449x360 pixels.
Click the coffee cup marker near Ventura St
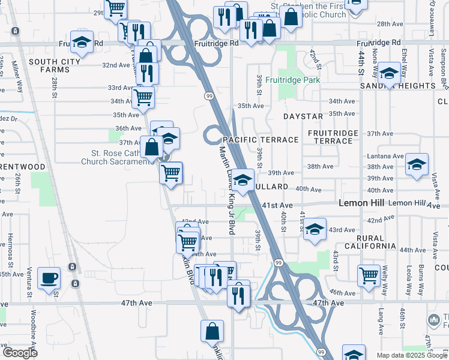pyautogui.click(x=49, y=278)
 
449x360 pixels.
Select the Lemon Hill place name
pyautogui.click(x=362, y=203)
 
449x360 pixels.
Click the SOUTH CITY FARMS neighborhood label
pyautogui.click(x=50, y=66)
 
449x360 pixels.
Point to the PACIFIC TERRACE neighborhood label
pyautogui.click(x=261, y=140)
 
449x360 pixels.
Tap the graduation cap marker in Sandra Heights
pyautogui.click(x=389, y=74)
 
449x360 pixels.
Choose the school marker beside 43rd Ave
pyautogui.click(x=314, y=230)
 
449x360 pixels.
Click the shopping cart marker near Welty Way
pyautogui.click(x=369, y=275)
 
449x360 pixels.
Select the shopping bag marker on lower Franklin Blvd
pyautogui.click(x=212, y=331)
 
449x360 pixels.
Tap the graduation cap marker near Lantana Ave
pyautogui.click(x=417, y=164)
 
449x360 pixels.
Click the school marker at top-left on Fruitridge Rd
pyautogui.click(x=82, y=42)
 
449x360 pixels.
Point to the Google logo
pyautogui.click(x=20, y=353)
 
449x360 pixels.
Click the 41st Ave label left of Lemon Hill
pyautogui.click(x=280, y=205)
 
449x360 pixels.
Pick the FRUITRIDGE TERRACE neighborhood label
pyautogui.click(x=333, y=137)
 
